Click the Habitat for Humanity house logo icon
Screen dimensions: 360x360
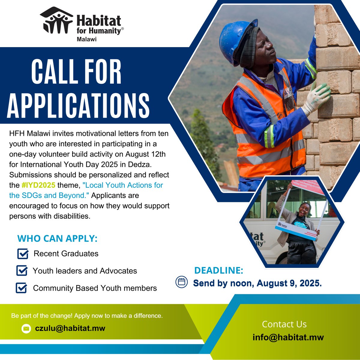click(56, 21)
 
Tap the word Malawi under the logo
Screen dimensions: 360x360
click(86, 39)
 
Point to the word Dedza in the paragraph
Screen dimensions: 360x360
click(152, 164)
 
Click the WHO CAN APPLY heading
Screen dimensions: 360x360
click(57, 238)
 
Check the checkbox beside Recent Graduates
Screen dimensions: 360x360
click(23, 254)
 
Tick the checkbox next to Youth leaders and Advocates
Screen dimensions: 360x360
click(22, 271)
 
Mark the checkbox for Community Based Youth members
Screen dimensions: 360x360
click(21, 288)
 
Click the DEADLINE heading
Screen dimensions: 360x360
click(219, 271)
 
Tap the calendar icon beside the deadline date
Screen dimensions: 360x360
click(181, 282)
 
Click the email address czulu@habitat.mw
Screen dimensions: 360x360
click(70, 328)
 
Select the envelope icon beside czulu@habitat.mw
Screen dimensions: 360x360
click(26, 329)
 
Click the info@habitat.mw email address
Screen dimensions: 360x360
click(288, 337)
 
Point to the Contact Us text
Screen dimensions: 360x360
click(284, 324)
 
